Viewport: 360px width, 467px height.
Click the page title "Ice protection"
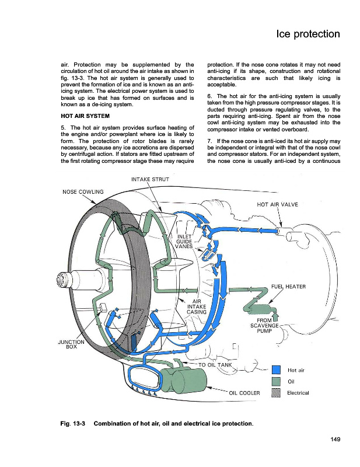click(x=308, y=34)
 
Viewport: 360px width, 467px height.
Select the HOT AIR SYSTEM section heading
click(x=85, y=116)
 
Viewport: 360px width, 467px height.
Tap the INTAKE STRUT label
click(x=150, y=179)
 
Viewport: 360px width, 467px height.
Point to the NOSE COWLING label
click(x=83, y=192)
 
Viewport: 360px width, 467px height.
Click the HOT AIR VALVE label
click(x=277, y=205)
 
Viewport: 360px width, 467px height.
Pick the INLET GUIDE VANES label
click(x=184, y=242)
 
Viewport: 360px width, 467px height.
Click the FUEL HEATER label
click(x=288, y=287)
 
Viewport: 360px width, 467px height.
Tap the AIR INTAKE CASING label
click(x=197, y=307)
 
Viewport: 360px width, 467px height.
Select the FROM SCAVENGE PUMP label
click(x=264, y=326)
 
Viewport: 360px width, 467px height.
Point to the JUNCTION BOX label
click(x=71, y=344)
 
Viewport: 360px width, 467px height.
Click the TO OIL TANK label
click(x=215, y=365)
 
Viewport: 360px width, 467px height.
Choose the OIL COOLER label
click(x=244, y=393)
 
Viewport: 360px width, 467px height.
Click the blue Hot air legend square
click(x=277, y=370)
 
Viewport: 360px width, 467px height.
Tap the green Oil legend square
click(x=277, y=382)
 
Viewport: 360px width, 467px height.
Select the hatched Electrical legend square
click(x=277, y=393)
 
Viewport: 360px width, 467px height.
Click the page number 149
click(x=335, y=439)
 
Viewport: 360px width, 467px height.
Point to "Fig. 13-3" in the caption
click(x=73, y=424)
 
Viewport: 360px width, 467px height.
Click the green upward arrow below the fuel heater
click(x=276, y=316)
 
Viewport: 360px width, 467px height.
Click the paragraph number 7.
click(x=209, y=141)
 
